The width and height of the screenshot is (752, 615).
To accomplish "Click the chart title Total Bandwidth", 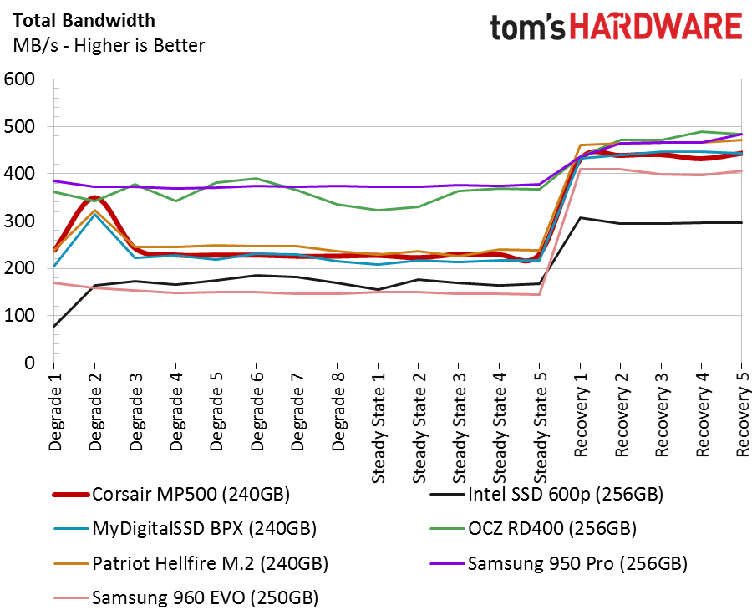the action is point(84,21).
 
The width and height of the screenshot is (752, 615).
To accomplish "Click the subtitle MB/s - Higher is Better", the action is point(109,46).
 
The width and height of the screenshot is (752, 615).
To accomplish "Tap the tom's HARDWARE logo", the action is point(617,27).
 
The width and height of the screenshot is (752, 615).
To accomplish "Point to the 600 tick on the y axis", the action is point(20,79).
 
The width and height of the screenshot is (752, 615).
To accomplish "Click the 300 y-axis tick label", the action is point(20,221).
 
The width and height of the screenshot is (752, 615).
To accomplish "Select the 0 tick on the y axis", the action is point(30,363).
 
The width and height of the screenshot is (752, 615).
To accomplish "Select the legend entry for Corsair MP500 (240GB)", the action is point(171,494).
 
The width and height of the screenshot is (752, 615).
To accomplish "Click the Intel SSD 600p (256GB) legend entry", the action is point(546,494).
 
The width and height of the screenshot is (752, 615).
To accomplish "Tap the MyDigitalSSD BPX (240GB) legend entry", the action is point(185,529).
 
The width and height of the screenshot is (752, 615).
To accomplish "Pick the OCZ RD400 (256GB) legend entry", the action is point(533,529).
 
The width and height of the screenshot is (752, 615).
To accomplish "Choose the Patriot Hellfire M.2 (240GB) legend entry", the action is point(191,563).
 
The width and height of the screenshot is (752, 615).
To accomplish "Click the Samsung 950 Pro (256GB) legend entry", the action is point(559,563).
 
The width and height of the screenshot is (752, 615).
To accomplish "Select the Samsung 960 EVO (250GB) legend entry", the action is point(185,597).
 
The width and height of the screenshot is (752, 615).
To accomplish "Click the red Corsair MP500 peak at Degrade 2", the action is point(94,198).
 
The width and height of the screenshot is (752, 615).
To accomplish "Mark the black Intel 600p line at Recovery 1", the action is point(581,218).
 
